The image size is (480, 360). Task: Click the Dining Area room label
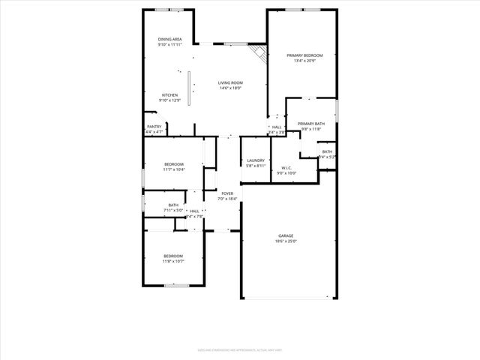pos(169,39)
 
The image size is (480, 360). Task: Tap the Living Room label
pos(231,82)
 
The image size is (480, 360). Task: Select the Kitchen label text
pos(169,95)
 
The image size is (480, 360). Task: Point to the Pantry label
pos(154,127)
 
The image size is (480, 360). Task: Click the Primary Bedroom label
pos(304,55)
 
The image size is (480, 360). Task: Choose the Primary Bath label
pos(310,124)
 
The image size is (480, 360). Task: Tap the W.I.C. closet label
pos(286,167)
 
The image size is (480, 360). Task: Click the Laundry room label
pos(255,160)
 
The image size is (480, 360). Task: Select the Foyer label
pos(226,193)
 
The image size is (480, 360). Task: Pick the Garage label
pos(286,235)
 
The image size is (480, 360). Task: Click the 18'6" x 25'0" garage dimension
pos(286,241)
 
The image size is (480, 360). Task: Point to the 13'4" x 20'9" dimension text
pos(304,61)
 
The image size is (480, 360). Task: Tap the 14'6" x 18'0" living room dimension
pos(231,88)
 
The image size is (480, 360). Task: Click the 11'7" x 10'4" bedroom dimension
pos(174,169)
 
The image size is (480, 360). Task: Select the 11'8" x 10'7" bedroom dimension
pos(173,261)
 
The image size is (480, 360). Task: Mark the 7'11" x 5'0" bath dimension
pos(173,211)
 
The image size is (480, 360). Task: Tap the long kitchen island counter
pos(189,88)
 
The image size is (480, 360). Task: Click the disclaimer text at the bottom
pos(240,349)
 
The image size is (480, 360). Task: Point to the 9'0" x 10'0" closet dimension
pos(286,172)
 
